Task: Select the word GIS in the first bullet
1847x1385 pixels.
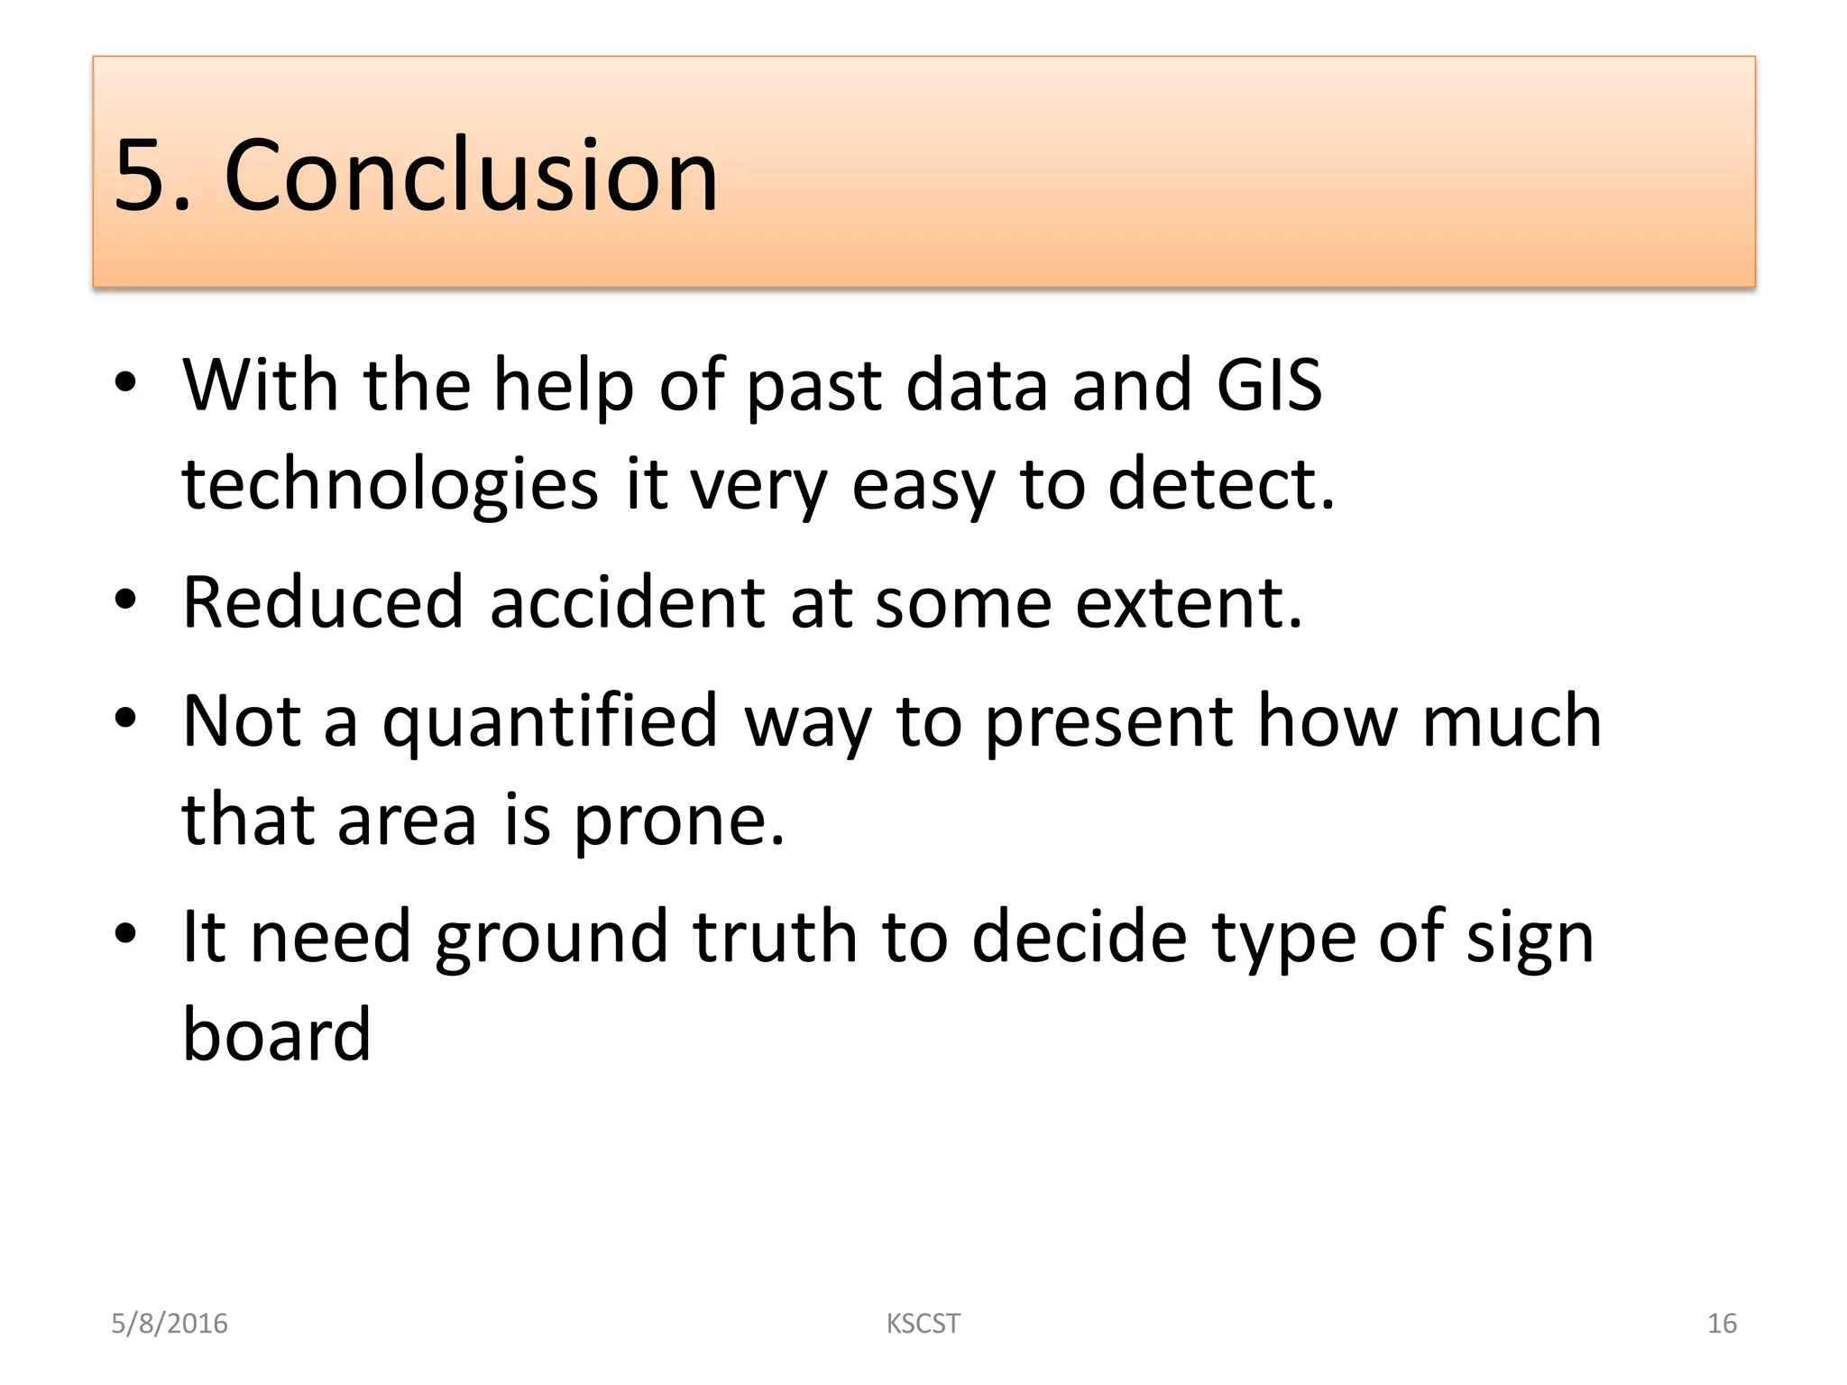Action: (x=1269, y=385)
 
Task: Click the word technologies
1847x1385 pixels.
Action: (x=390, y=484)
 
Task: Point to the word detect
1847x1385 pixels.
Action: (x=1220, y=484)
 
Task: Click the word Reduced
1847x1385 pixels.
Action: (x=323, y=602)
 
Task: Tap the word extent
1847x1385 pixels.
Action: (x=1189, y=602)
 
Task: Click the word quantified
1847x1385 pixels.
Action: (x=549, y=722)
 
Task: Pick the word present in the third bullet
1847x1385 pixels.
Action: (x=1108, y=722)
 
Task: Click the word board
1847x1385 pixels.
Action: (x=277, y=1034)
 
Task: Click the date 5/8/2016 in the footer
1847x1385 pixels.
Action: (x=170, y=1324)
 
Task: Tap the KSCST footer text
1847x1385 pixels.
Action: (x=923, y=1324)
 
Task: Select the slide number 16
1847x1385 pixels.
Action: (x=1722, y=1324)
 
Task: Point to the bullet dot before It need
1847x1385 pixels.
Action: (x=125, y=934)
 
